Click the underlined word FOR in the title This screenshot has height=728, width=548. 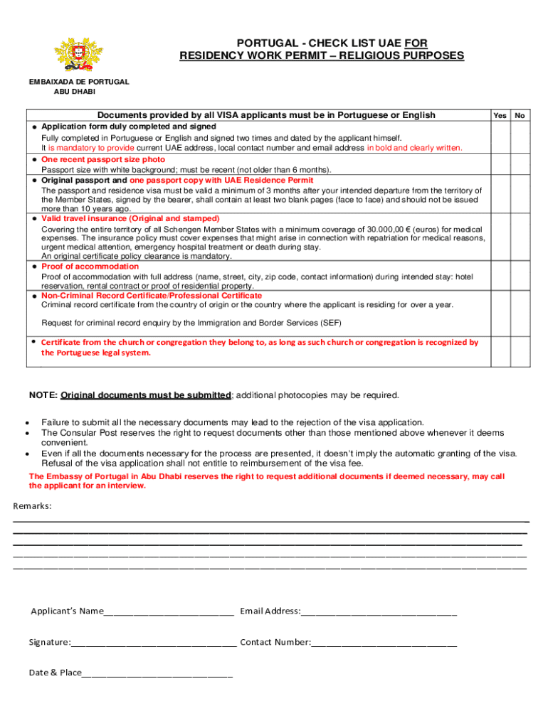[416, 43]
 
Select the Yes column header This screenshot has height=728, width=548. [500, 115]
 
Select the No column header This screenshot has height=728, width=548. [520, 115]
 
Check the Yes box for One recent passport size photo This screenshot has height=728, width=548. [500, 165]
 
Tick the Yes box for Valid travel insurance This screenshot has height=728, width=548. [500, 237]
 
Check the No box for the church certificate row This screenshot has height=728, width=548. [520, 348]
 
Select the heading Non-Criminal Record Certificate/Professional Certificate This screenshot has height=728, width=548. [152, 295]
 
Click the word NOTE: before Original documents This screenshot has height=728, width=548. [43, 395]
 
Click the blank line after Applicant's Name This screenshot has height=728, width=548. [169, 613]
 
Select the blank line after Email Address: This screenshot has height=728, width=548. [379, 613]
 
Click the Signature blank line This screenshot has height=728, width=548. [154, 644]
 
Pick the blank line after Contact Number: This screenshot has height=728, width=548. [384, 644]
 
